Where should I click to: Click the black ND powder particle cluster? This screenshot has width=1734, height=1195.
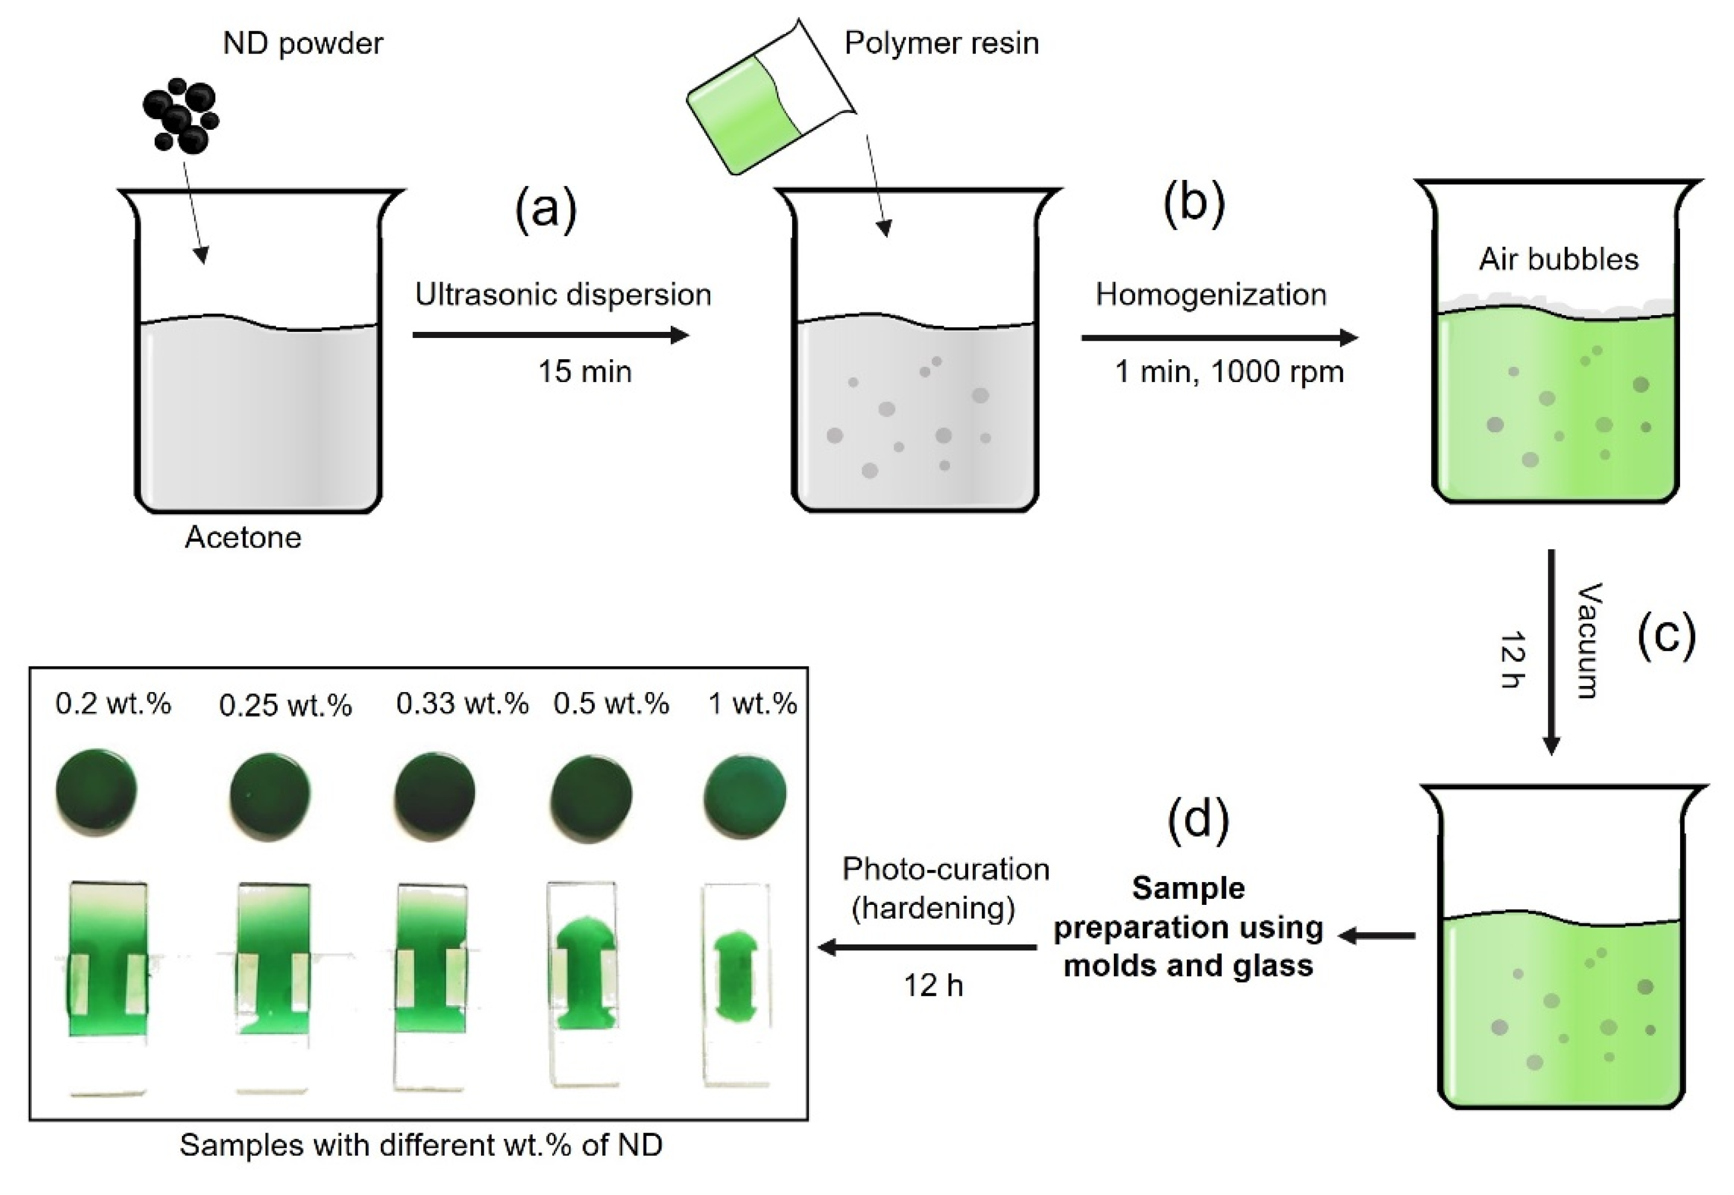(x=180, y=116)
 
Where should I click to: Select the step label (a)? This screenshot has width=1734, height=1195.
(x=546, y=209)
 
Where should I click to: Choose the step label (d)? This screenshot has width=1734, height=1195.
(x=1198, y=819)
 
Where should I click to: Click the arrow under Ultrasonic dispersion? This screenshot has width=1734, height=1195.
(x=550, y=335)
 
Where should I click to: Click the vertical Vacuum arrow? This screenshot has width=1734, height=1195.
(x=1551, y=652)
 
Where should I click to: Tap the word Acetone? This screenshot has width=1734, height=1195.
(x=243, y=537)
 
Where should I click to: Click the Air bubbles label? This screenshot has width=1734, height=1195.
(x=1558, y=259)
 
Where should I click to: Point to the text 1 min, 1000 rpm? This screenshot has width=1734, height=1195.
(x=1229, y=372)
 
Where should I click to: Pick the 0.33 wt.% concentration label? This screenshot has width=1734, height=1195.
(x=462, y=704)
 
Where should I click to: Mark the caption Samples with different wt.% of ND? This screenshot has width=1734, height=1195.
(x=421, y=1145)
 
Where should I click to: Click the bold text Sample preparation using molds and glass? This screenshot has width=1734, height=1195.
(x=1188, y=927)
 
